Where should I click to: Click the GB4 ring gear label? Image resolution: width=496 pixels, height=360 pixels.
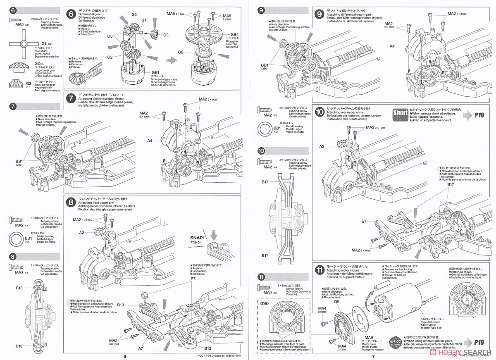point(234,34)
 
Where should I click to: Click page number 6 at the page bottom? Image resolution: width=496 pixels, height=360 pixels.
point(124,356)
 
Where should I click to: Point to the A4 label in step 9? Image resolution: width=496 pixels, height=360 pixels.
point(392,46)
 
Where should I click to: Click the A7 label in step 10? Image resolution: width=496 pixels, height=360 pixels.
point(364,222)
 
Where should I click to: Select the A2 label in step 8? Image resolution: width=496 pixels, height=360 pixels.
point(82,233)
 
